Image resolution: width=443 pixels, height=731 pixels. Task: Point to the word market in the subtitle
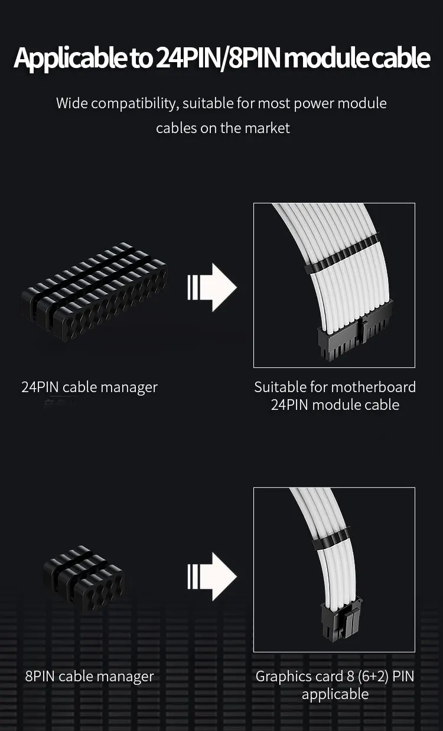[x=268, y=128]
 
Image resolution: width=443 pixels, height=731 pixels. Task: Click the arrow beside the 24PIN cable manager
[x=211, y=287]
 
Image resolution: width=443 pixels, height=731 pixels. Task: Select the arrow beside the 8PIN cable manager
[x=211, y=576]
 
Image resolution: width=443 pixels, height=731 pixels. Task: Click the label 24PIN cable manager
[x=90, y=387]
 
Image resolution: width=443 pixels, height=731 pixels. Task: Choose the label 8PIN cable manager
[x=89, y=677]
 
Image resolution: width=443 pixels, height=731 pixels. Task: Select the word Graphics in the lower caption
[x=281, y=677]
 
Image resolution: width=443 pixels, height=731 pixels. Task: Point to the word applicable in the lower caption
[x=335, y=694]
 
